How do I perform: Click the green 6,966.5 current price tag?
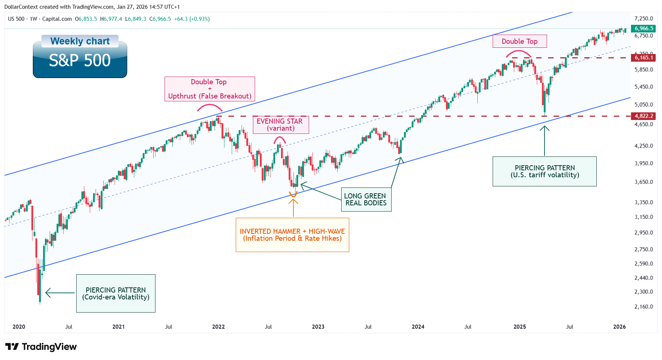coord(644,28)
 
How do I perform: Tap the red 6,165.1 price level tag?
coord(644,58)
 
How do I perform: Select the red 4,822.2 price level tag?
coord(644,116)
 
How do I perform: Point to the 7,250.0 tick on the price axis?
coord(643,19)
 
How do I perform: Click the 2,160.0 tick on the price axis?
coord(643,307)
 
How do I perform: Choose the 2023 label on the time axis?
coord(318,327)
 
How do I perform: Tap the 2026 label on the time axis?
coord(619,327)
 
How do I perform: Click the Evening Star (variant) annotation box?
coord(281,125)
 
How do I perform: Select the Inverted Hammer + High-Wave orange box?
coord(292,235)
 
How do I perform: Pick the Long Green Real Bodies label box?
coord(366,200)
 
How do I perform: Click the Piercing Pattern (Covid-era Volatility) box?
coord(116,293)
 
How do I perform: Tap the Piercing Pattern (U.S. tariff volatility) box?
coord(544,171)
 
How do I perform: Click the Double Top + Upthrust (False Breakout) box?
coord(209,89)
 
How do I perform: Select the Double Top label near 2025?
coord(520,41)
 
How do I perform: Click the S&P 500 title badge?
coord(80,61)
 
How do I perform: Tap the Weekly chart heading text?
coord(80,41)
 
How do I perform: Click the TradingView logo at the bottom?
coord(41,347)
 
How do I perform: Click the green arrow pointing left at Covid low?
coord(59,293)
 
